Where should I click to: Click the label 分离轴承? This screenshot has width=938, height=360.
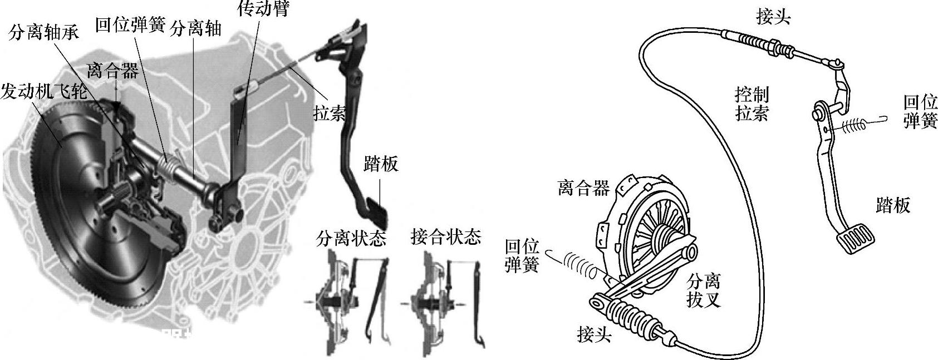(43, 33)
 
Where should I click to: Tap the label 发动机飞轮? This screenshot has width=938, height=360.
(43, 92)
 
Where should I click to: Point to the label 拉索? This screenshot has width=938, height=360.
(329, 114)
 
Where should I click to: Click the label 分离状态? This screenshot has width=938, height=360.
(351, 238)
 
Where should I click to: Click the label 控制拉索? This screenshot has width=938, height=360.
(752, 104)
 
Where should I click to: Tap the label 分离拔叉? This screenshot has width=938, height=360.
(704, 289)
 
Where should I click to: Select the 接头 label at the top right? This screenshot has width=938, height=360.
(773, 17)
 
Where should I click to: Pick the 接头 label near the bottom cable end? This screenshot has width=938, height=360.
(595, 335)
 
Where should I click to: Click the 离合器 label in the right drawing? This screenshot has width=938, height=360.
(583, 188)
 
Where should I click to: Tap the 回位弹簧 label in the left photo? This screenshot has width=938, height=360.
(130, 25)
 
